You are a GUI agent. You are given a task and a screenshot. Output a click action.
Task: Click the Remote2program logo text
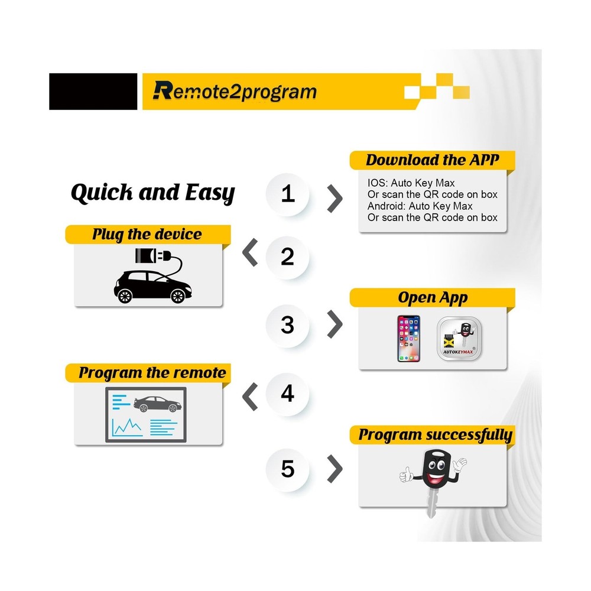click(235, 91)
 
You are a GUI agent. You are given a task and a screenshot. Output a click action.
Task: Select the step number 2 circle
click(288, 256)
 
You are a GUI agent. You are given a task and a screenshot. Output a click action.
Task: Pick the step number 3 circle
click(288, 324)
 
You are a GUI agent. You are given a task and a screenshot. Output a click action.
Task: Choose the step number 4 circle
click(288, 393)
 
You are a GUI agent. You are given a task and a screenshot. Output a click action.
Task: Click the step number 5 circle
click(288, 469)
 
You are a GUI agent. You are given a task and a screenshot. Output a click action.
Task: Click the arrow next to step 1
click(335, 198)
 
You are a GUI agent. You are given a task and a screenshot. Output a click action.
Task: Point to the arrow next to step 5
click(335, 470)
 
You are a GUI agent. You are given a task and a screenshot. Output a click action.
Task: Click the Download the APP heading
click(432, 160)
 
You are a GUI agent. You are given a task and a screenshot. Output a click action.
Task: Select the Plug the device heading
click(147, 234)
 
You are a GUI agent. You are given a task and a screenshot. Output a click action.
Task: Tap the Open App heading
click(433, 297)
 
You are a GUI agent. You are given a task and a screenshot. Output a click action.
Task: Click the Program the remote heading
click(152, 373)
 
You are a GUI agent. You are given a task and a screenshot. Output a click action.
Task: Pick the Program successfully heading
click(435, 436)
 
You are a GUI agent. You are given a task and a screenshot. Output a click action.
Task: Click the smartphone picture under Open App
click(408, 338)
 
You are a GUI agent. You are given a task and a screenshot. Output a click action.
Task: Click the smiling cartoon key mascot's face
click(437, 470)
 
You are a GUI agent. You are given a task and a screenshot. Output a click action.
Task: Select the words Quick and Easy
click(152, 193)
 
